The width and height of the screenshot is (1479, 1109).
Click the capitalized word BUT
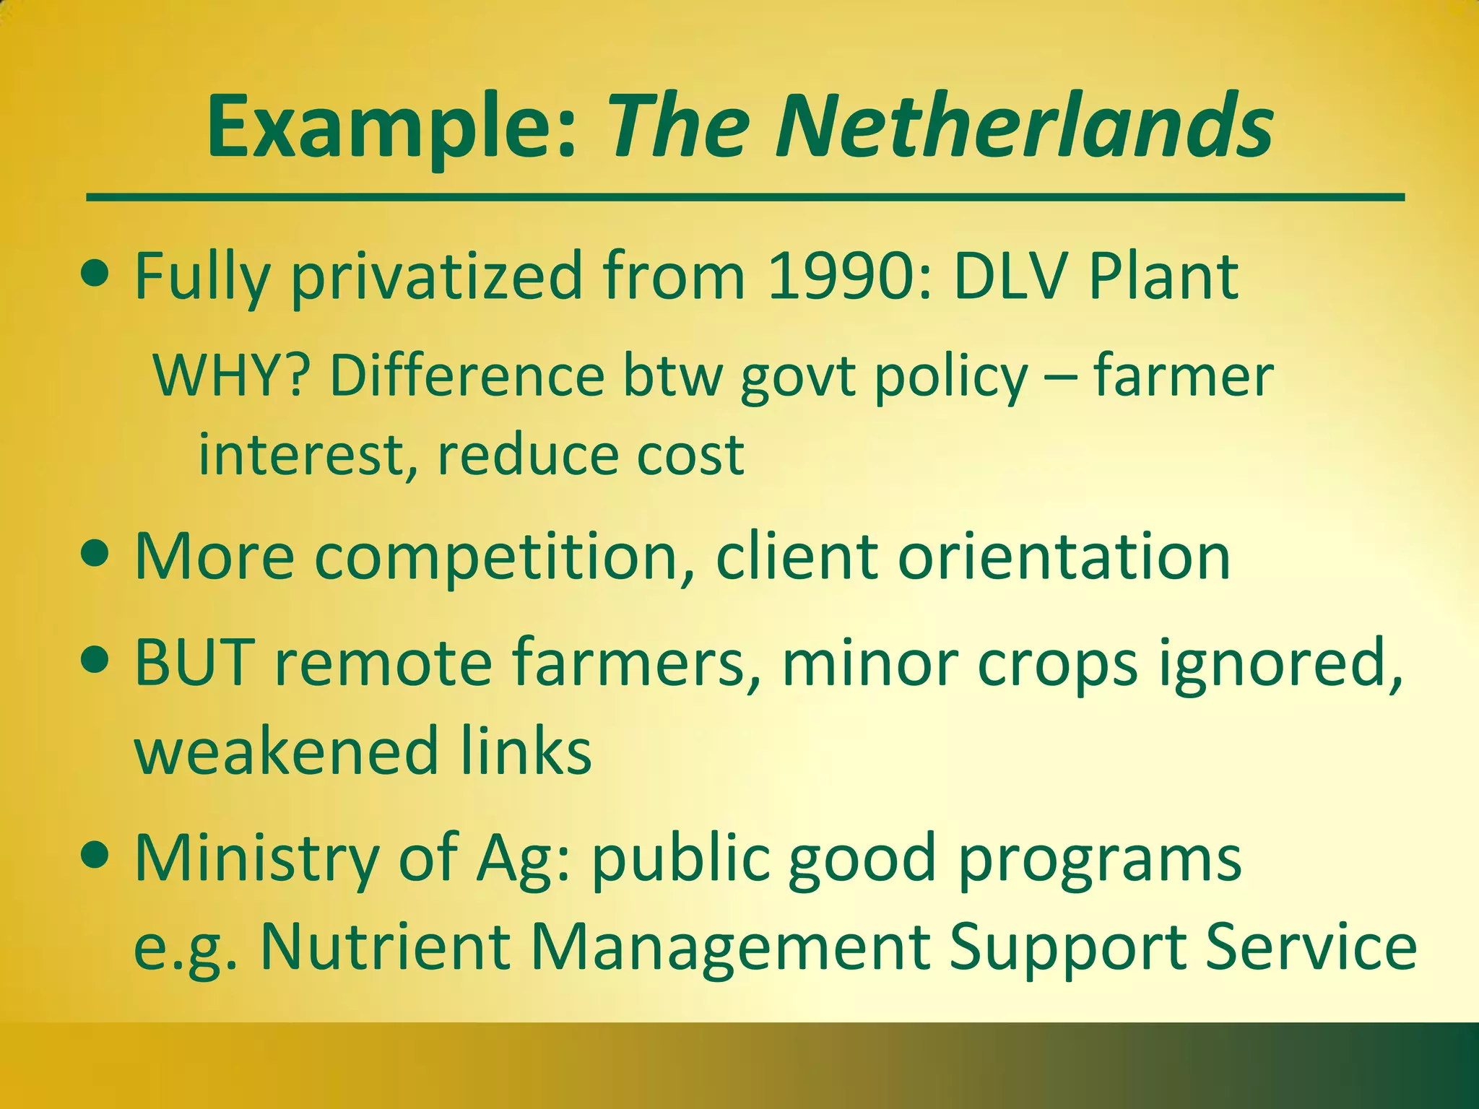tap(195, 662)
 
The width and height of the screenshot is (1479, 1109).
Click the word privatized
tap(436, 277)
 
